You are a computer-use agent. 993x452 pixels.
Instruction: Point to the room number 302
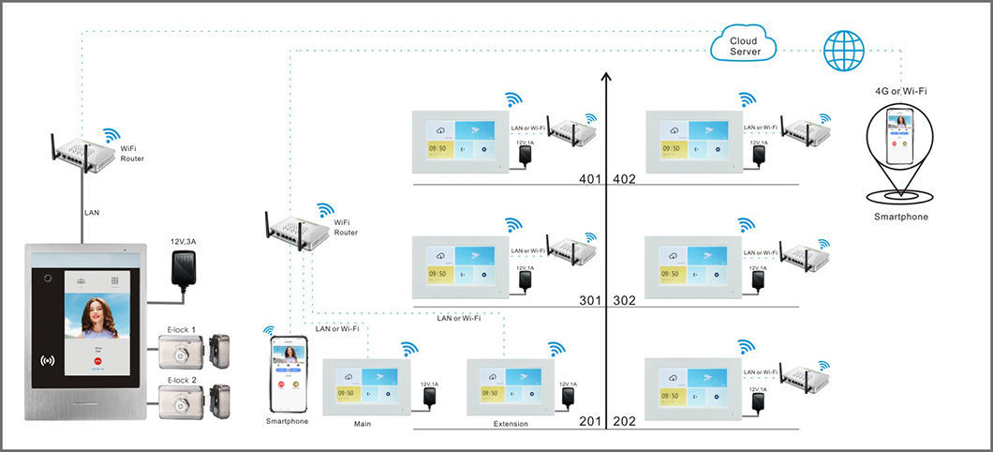click(625, 301)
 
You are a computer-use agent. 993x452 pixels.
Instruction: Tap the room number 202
click(625, 422)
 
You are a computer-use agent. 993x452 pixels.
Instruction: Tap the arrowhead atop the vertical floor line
click(606, 77)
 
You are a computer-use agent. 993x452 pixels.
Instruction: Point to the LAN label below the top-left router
click(92, 213)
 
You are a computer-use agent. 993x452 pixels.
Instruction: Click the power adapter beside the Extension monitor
click(566, 398)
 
